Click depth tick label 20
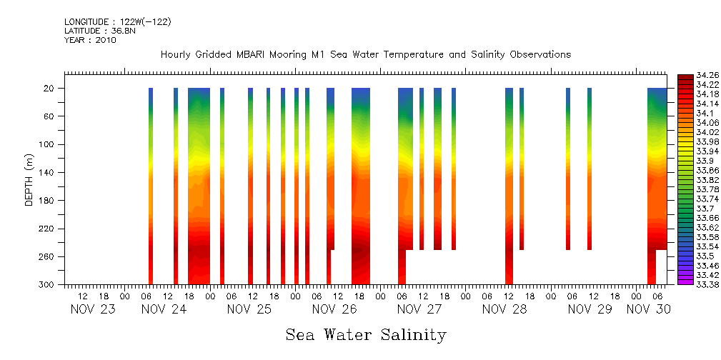49,89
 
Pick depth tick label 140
46,173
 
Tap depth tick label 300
46,285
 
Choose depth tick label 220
46,229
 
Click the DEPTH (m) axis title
29,182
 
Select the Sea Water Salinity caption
366,335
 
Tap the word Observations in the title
539,55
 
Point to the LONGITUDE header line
117,22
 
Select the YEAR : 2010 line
90,40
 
